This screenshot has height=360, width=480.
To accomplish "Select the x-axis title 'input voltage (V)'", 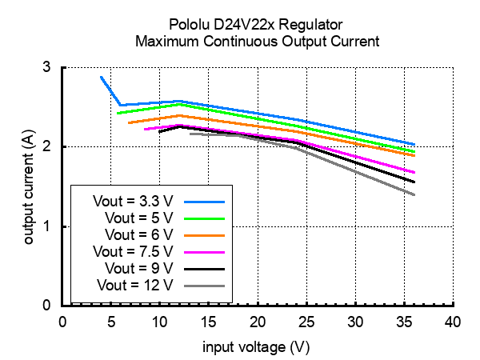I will tap(256, 347).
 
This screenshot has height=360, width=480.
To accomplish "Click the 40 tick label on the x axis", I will tap(453, 322).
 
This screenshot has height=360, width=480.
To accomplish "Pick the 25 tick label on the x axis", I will tap(306, 322).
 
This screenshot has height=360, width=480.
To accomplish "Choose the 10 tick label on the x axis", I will tap(160, 322).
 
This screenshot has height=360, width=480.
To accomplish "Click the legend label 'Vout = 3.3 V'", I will tap(134, 201).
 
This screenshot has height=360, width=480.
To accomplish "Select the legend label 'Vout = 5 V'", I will tap(138, 218).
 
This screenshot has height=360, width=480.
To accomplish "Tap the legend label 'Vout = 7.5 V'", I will tap(134, 251).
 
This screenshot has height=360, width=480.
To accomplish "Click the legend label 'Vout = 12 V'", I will tap(135, 285).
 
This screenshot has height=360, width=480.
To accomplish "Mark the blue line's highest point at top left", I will tap(102, 78).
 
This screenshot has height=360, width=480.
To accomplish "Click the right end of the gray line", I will tap(414, 194).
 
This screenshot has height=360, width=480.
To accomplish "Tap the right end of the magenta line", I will tap(414, 172).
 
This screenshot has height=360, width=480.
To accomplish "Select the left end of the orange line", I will tap(129, 122).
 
